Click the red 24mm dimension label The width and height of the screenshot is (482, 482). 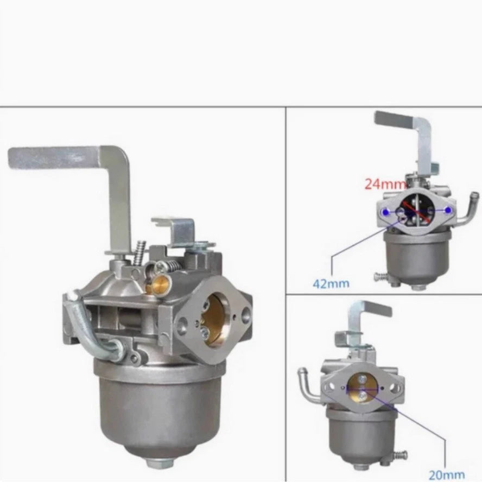385,184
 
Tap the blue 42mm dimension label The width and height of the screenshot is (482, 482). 331,283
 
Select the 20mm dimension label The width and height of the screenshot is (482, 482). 446,475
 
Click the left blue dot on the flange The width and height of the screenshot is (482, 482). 385,211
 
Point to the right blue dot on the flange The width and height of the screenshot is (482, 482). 448,210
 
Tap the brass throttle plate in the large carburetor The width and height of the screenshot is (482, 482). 214,321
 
